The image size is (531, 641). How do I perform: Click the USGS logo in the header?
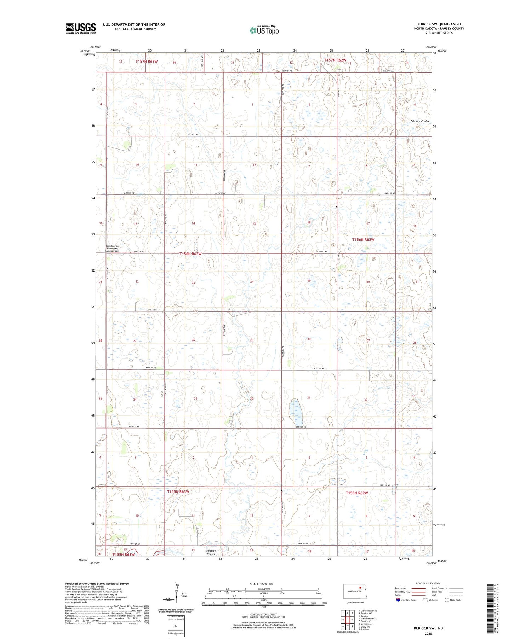(81, 28)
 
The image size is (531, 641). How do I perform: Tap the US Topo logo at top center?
(264, 30)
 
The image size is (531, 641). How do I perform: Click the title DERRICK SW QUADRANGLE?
(439, 24)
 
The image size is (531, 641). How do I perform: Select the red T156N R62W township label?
(363, 239)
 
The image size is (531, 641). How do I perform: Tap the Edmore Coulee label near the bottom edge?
(211, 552)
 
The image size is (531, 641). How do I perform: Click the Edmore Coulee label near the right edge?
(420, 121)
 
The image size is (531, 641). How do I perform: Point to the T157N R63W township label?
(146, 61)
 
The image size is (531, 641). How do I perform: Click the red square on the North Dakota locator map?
(360, 588)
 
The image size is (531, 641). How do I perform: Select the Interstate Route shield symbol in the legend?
(398, 600)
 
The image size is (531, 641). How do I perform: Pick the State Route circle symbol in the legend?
(447, 600)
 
